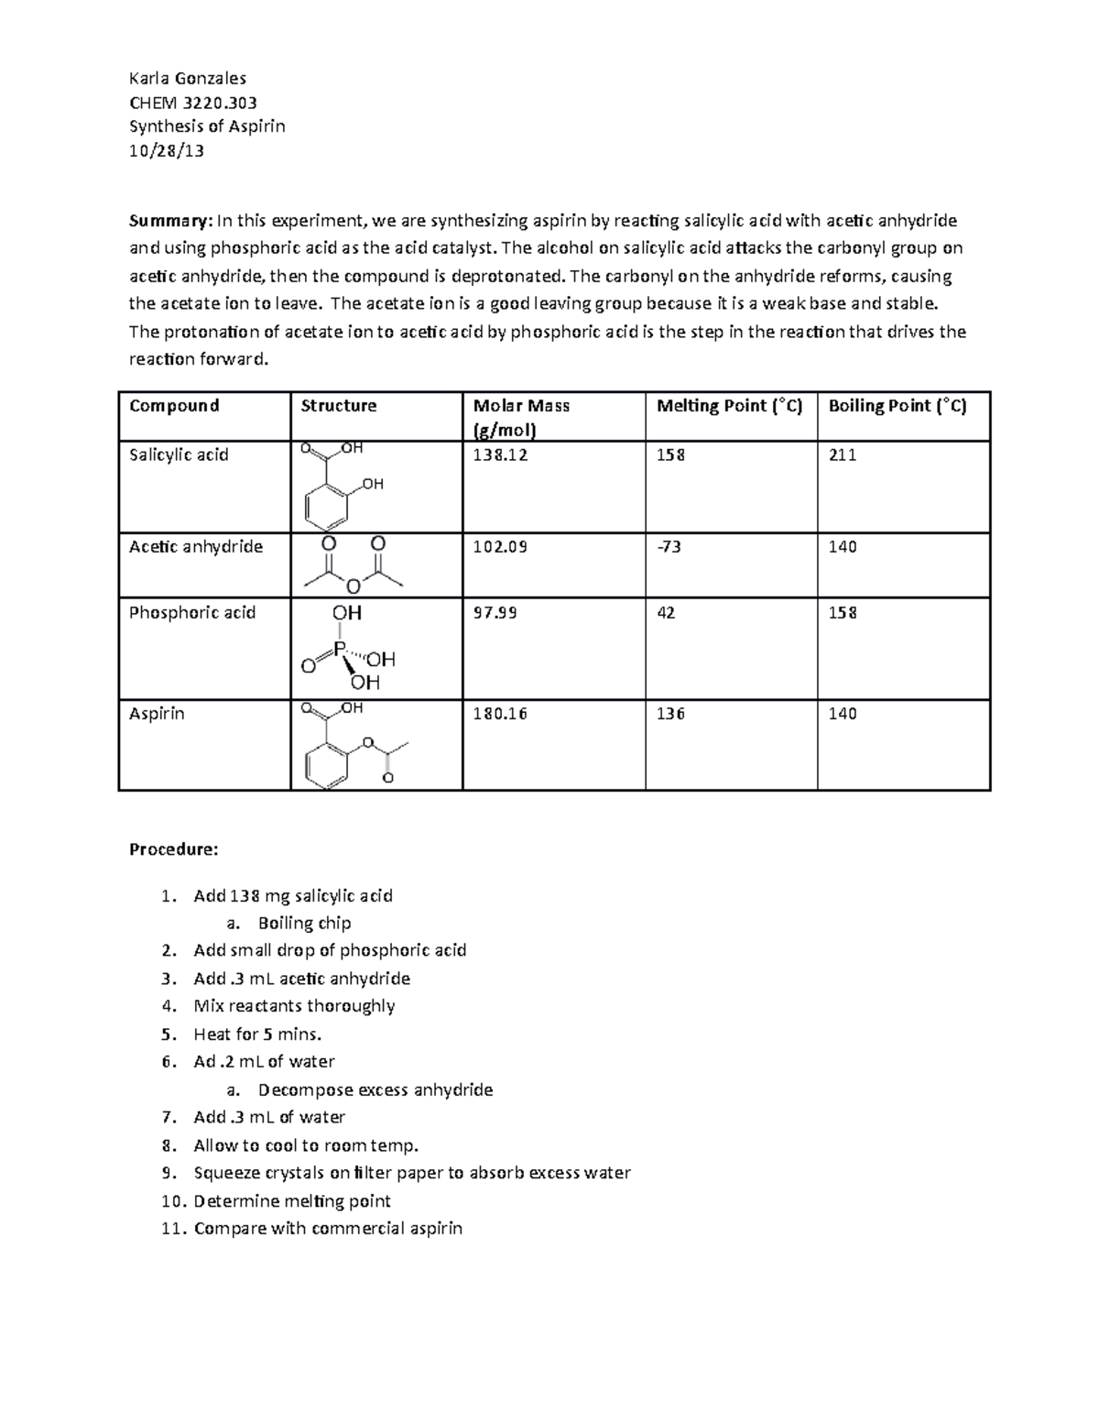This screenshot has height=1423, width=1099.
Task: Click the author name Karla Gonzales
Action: coord(188,78)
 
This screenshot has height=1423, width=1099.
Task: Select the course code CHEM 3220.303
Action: coord(192,103)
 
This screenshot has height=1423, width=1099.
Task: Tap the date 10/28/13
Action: coord(166,150)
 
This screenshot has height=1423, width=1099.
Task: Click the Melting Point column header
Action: coord(729,406)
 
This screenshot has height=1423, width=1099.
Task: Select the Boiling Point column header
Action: coord(897,406)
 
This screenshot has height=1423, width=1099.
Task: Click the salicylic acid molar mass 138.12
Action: coord(500,454)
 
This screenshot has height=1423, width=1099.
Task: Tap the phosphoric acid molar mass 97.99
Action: coord(495,613)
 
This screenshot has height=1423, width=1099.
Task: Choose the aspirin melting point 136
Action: coord(670,714)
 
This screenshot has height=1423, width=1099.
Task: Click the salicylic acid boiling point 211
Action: coord(843,454)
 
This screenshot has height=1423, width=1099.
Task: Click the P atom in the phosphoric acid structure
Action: coord(339,649)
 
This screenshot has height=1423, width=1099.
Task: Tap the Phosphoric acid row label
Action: coord(192,613)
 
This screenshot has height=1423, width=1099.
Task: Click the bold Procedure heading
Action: coord(173,849)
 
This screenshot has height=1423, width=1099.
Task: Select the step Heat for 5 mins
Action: coord(257,1034)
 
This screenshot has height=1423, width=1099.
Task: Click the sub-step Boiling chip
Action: coord(304,923)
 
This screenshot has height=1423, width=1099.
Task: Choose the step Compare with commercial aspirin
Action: coord(328,1229)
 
